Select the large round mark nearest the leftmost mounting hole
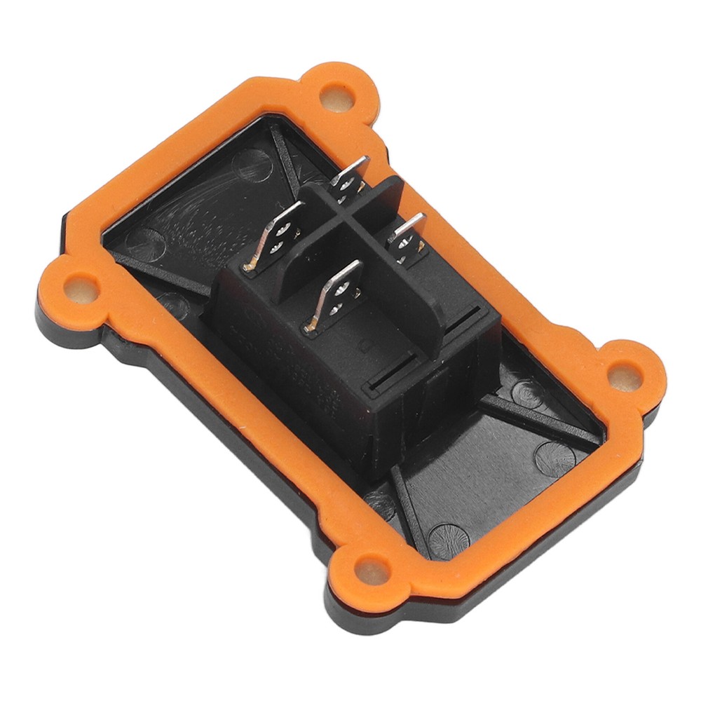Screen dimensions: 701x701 144,243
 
